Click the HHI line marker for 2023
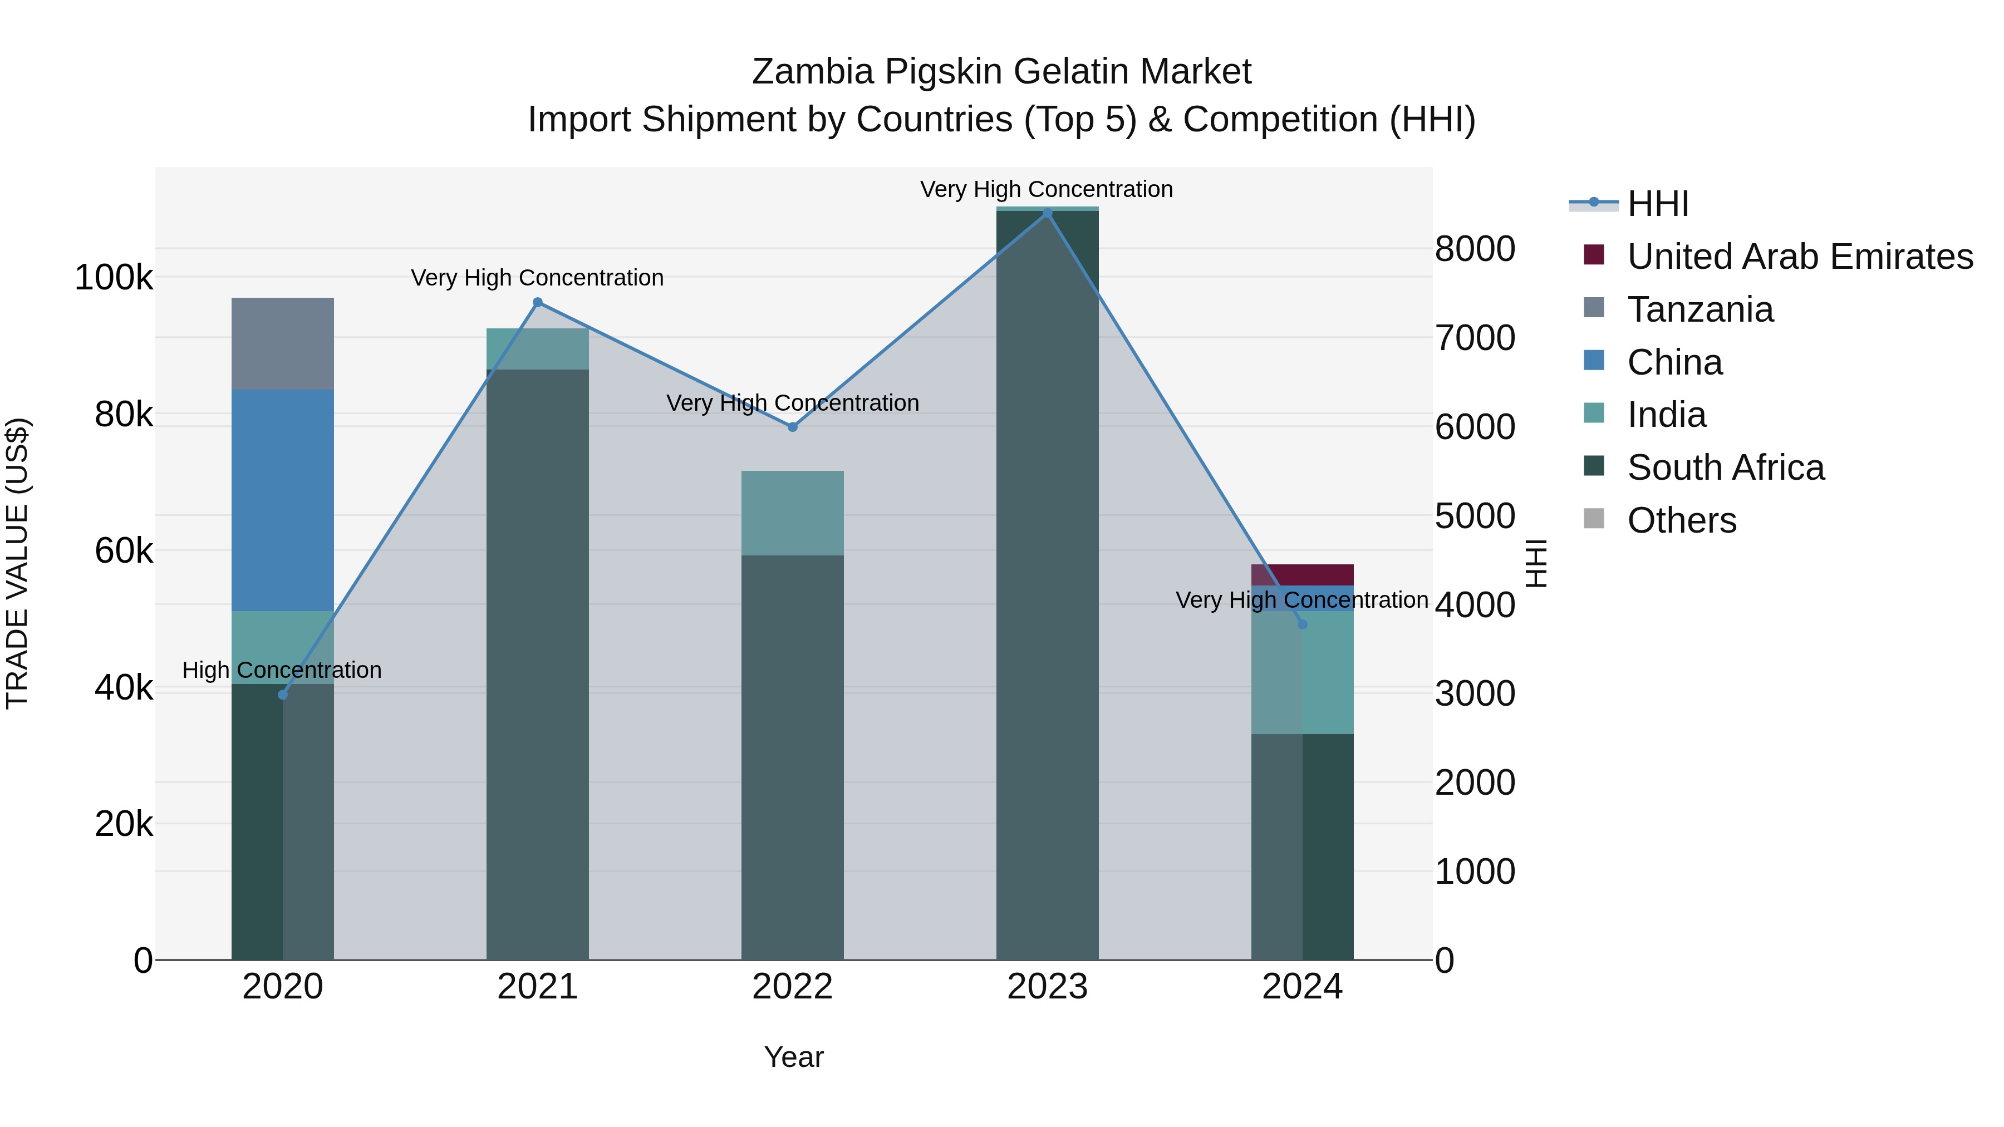pyautogui.click(x=1047, y=213)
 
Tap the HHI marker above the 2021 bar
pyautogui.click(x=538, y=303)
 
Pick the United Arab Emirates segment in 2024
pyautogui.click(x=1302, y=574)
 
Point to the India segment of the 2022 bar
pyautogui.click(x=792, y=513)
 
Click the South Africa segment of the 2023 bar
pyautogui.click(x=1047, y=583)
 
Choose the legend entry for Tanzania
pyautogui.click(x=1700, y=309)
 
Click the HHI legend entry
pyautogui.click(x=1657, y=204)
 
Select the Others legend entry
pyautogui.click(x=1681, y=520)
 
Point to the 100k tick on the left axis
pyautogui.click(x=114, y=278)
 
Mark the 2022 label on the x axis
pyautogui.click(x=792, y=987)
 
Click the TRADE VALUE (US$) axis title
pyautogui.click(x=17, y=563)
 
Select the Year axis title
pyautogui.click(x=793, y=1057)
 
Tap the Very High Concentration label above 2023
pyautogui.click(x=1047, y=189)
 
